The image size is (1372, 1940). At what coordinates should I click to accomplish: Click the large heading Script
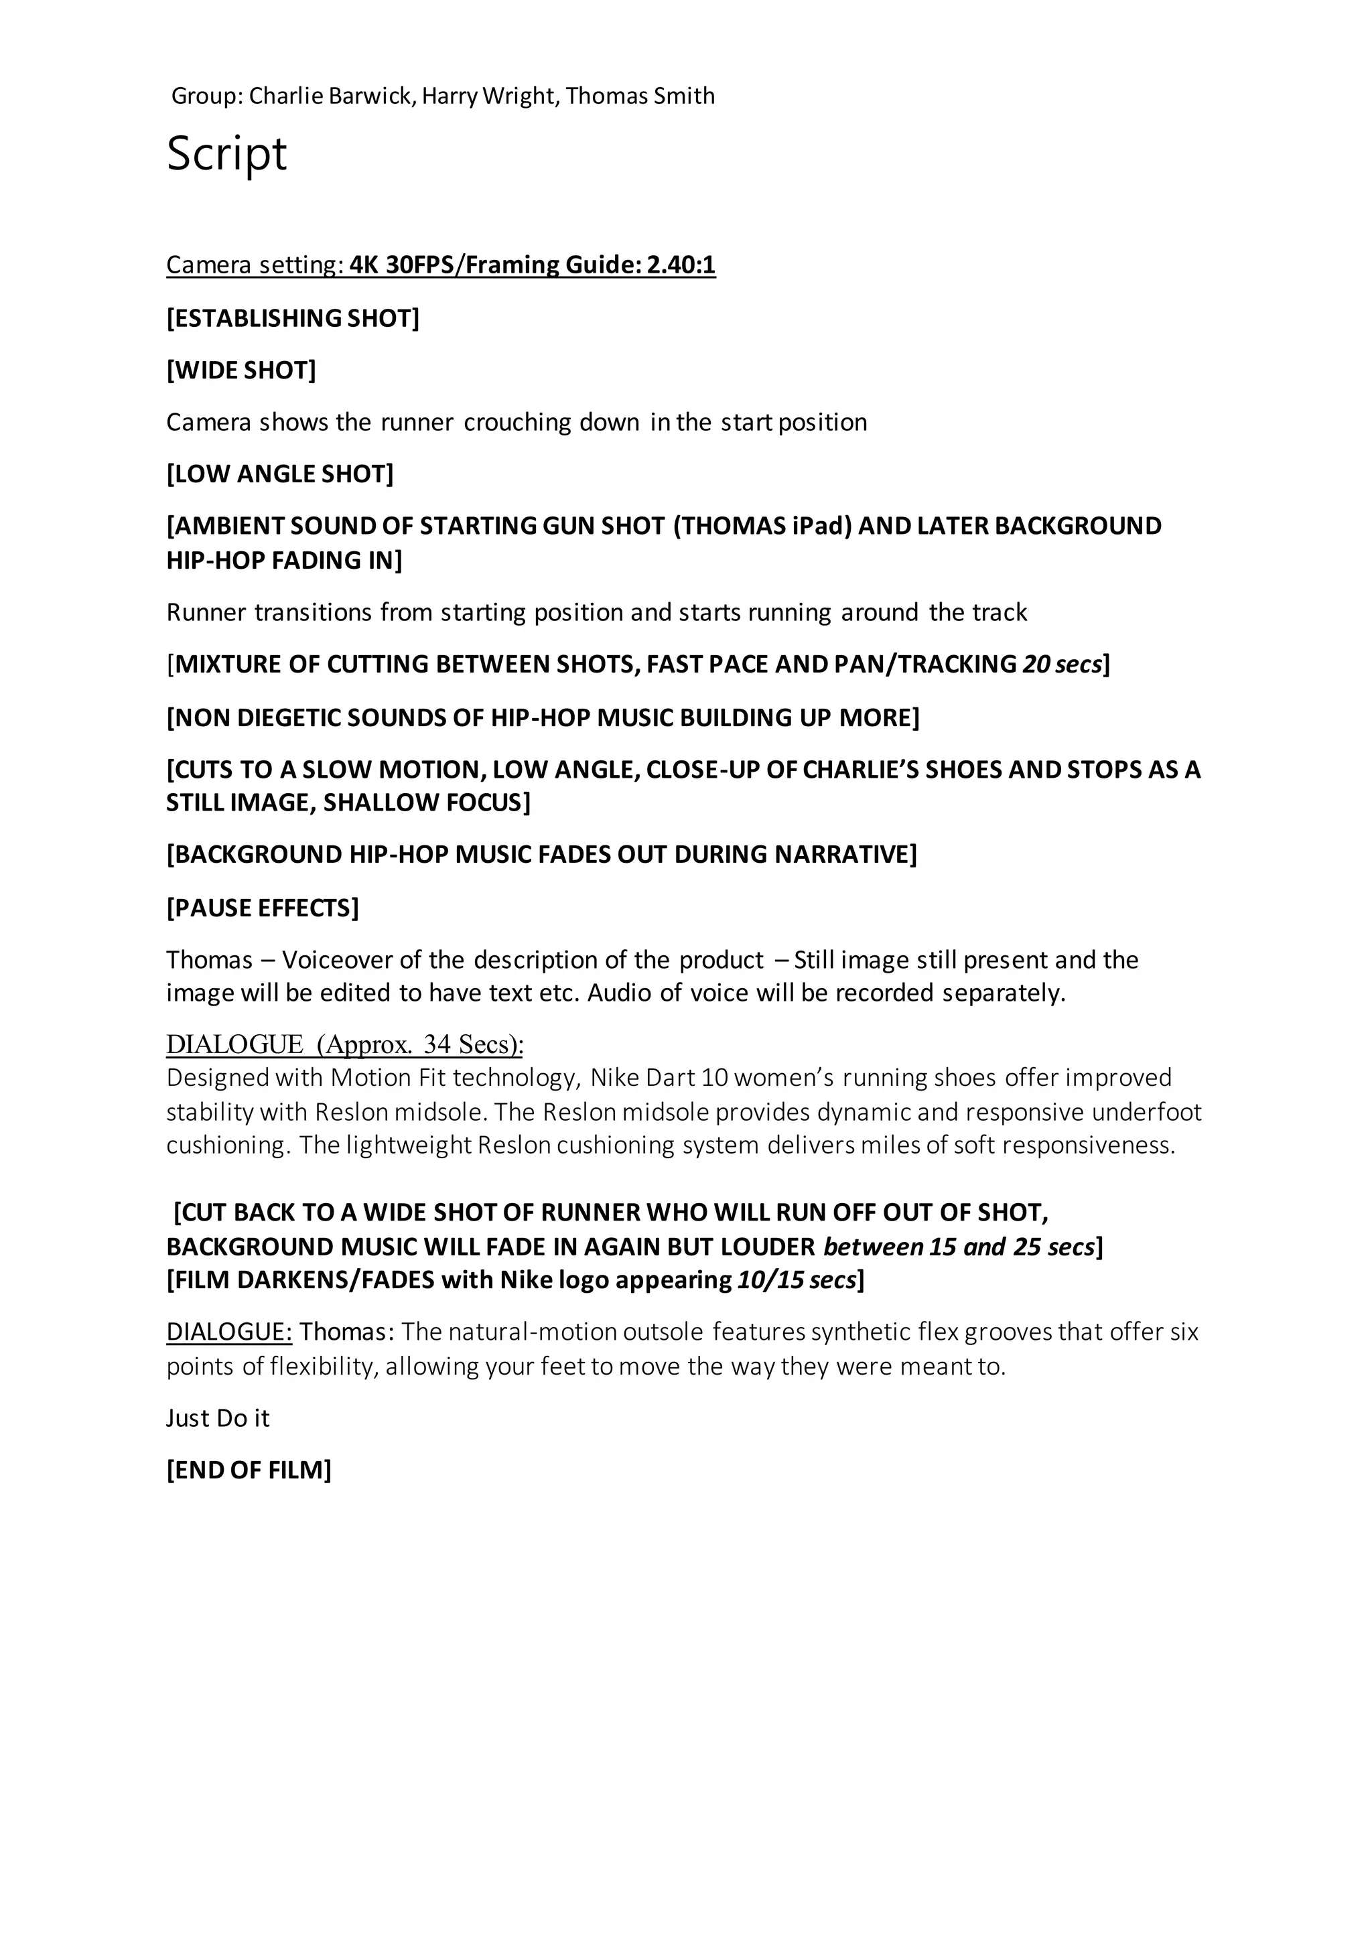point(226,154)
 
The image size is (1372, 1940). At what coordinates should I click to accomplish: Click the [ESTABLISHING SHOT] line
point(292,319)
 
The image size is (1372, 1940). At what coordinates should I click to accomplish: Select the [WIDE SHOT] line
point(241,370)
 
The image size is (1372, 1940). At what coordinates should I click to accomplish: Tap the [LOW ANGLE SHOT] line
point(279,474)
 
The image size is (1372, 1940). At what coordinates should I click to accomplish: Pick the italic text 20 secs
point(1061,664)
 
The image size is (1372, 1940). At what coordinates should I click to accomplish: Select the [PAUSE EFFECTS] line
point(263,908)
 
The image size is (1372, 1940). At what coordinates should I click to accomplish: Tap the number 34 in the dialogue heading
point(437,1045)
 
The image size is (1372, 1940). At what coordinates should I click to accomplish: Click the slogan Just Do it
point(218,1418)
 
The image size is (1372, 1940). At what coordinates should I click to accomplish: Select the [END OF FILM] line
point(249,1470)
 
